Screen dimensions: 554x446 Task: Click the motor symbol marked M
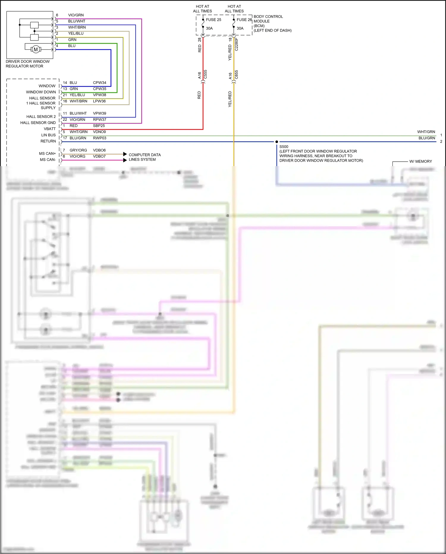click(x=36, y=49)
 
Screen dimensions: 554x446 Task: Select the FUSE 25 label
click(x=213, y=20)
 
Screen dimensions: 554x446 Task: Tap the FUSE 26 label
click(x=244, y=20)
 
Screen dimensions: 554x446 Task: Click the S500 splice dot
click(x=277, y=142)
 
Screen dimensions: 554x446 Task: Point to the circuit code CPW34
click(x=100, y=83)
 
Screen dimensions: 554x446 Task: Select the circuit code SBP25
click(x=99, y=126)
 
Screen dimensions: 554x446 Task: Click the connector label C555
click(x=205, y=74)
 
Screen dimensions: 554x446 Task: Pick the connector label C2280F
click(x=237, y=44)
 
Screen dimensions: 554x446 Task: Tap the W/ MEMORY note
click(x=420, y=161)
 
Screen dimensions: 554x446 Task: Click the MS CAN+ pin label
click(x=47, y=154)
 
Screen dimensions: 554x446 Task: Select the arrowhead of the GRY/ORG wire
click(x=125, y=154)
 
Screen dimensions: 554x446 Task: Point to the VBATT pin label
click(x=50, y=129)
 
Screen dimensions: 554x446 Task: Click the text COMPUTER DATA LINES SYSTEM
click(x=145, y=157)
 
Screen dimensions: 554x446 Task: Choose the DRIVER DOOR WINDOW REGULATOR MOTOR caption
click(x=27, y=64)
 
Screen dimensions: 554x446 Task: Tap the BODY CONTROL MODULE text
click(x=268, y=19)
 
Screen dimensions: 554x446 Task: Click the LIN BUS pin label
click(x=48, y=135)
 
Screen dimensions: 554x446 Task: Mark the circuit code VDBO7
click(x=99, y=156)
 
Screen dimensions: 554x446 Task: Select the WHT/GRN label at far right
click(x=426, y=132)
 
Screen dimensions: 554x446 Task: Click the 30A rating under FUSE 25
click(x=209, y=28)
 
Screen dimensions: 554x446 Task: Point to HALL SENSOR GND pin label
click(x=38, y=123)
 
